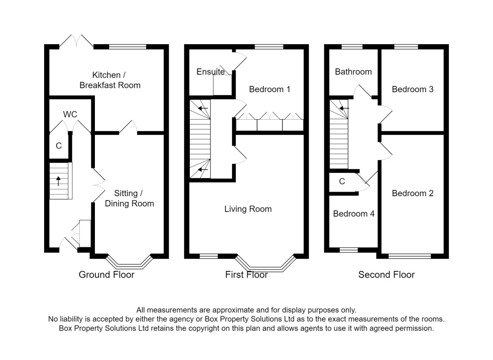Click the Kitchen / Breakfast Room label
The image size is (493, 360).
point(110,80)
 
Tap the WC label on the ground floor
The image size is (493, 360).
point(70,114)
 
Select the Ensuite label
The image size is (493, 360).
point(211,72)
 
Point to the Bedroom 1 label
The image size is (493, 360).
point(269,89)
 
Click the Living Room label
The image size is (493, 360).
point(248,209)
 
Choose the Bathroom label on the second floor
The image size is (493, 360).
point(354,72)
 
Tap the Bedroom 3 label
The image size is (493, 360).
point(412,89)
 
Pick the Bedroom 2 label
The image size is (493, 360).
point(412,193)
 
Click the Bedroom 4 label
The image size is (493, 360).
point(354,214)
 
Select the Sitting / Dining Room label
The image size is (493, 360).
point(129,198)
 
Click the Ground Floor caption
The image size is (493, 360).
point(107,275)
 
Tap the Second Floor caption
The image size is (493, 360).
point(386,275)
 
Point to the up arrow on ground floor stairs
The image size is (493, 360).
point(58,181)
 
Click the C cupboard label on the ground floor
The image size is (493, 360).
point(59,146)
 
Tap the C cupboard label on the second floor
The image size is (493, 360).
point(342,181)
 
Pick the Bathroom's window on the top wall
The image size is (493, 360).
point(352,47)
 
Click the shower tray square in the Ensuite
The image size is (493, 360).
point(223,85)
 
